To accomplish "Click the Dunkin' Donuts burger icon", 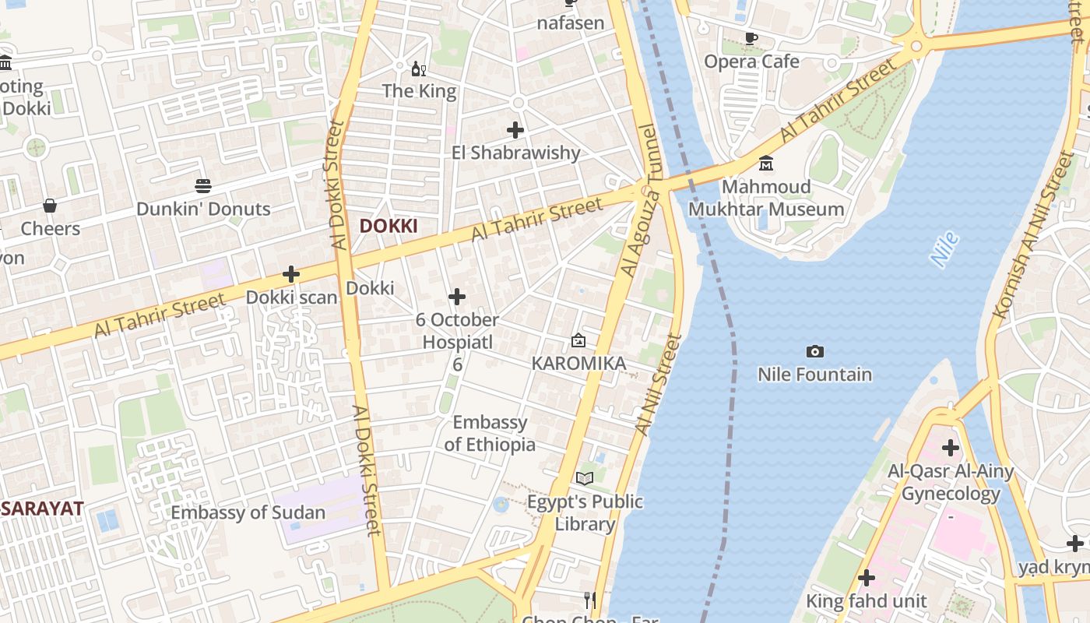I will click(202, 185).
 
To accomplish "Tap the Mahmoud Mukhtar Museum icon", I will click(766, 164).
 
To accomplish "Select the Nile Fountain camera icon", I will click(814, 352).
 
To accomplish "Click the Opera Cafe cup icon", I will click(751, 38).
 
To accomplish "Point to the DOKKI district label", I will click(389, 227).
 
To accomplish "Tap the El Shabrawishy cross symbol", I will click(515, 130).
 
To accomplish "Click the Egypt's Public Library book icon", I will click(585, 478).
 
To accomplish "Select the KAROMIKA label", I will click(578, 364).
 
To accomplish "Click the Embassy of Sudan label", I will click(248, 512).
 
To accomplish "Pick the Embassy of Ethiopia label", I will click(490, 433).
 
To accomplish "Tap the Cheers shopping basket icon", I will click(50, 206).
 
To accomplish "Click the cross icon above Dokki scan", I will click(291, 274).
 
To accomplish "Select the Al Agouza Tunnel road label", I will click(641, 200).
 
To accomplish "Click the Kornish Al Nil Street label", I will click(1035, 234).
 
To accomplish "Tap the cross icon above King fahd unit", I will click(866, 578).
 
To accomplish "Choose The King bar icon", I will click(419, 69).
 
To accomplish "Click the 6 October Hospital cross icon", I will click(457, 297).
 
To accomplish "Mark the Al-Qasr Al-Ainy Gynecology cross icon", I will click(950, 448).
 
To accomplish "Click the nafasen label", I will click(571, 23).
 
